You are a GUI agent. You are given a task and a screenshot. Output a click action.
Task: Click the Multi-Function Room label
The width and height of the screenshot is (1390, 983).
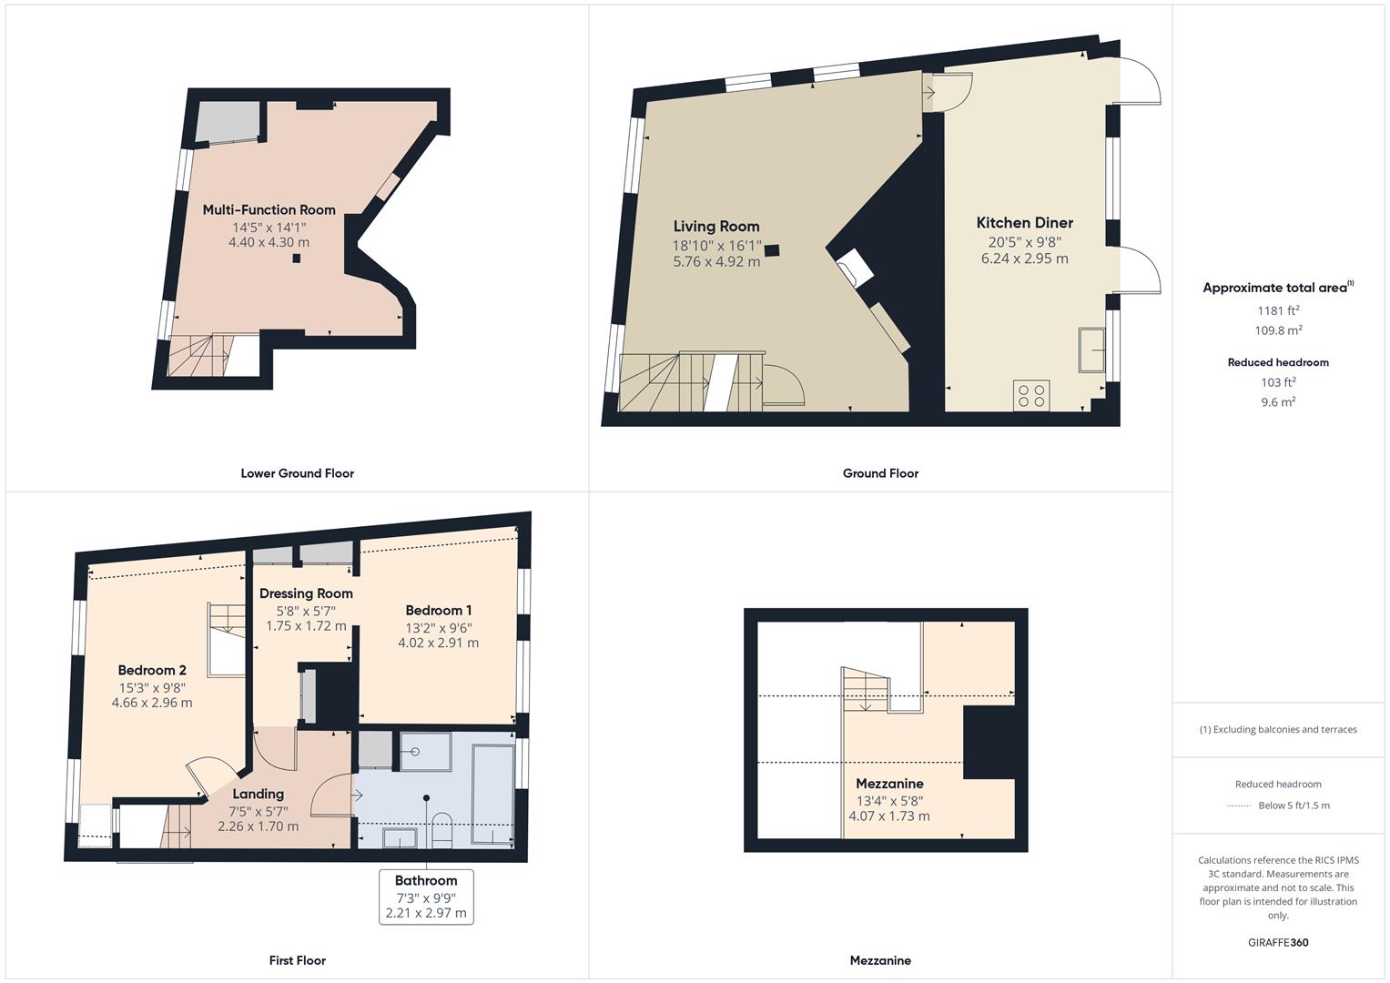pos(269,209)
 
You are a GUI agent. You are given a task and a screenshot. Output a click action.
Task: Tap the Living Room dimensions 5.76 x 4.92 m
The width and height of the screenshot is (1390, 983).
pos(715,262)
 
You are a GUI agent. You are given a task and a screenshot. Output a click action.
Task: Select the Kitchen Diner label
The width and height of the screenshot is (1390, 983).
pos(1024,223)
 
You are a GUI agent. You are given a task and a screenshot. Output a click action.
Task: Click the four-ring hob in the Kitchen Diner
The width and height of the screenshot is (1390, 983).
pos(1031,395)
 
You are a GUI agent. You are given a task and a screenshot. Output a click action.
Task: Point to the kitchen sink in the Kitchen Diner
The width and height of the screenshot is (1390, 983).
pos(1092,350)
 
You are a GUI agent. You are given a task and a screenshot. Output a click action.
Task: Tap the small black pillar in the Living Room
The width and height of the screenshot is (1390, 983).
pos(772,250)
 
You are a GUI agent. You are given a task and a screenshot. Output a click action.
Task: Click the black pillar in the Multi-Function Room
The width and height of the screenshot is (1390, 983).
pos(297,258)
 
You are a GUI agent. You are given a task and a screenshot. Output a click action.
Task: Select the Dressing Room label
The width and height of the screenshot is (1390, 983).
pos(306,593)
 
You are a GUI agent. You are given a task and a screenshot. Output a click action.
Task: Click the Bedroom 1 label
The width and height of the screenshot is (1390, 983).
pos(438,611)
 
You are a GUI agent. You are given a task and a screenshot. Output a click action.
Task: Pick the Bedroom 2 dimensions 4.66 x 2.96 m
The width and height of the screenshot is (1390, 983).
pos(152,703)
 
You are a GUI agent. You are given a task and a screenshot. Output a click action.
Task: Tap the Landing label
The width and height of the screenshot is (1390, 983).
pos(258,794)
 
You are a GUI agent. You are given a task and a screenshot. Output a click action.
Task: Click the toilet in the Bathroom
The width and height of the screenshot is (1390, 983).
pos(441,829)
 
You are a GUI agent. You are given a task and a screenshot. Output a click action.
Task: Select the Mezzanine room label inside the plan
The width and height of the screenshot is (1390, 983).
pos(889,784)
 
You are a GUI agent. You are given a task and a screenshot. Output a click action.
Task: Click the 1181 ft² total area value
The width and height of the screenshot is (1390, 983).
pos(1278,311)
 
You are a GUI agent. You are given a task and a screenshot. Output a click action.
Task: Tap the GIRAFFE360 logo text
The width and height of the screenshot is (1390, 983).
pos(1278,942)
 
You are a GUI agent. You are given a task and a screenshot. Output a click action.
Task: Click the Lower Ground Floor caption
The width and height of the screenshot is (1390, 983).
pos(297,473)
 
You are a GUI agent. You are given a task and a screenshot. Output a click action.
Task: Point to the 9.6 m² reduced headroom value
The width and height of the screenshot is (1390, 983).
pos(1278,401)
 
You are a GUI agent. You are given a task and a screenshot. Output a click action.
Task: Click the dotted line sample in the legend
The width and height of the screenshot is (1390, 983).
pos(1239,806)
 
